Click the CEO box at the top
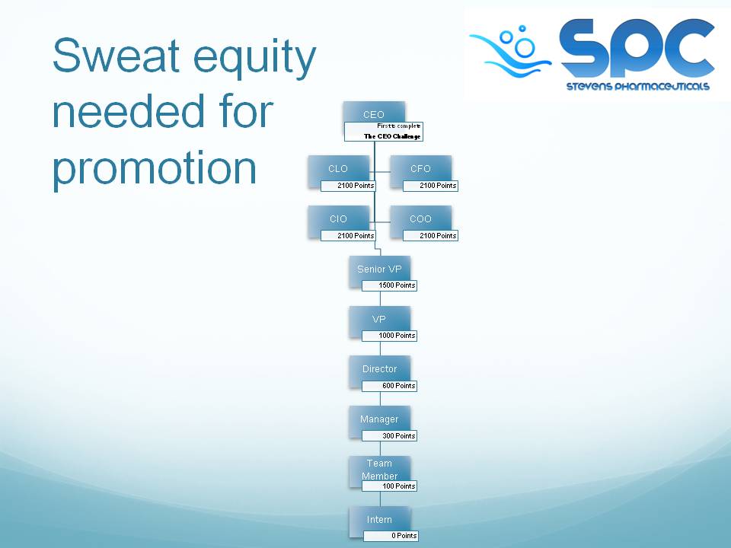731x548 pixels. pyautogui.click(x=374, y=114)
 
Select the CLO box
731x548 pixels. pyautogui.click(x=338, y=169)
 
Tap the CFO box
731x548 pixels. pyautogui.click(x=420, y=169)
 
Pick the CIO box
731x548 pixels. pyautogui.click(x=338, y=219)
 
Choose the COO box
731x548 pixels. pyautogui.click(x=420, y=219)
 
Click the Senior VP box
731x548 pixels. pyautogui.click(x=379, y=269)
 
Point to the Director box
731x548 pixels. pyautogui.click(x=379, y=369)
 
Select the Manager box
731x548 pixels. pyautogui.click(x=379, y=419)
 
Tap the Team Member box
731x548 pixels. pyautogui.click(x=379, y=467)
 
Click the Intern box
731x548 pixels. pyautogui.click(x=379, y=520)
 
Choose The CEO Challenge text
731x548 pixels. pyautogui.click(x=392, y=136)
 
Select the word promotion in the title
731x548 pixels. pyautogui.click(x=155, y=167)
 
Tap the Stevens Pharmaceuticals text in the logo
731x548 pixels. pyautogui.click(x=637, y=86)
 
